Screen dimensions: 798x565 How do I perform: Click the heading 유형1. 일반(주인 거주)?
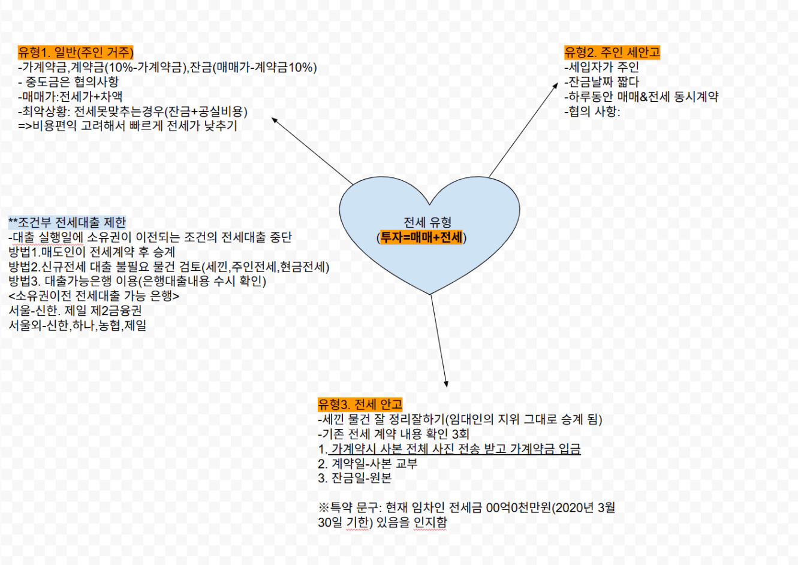click(x=76, y=52)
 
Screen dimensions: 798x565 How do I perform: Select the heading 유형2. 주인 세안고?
click(x=612, y=52)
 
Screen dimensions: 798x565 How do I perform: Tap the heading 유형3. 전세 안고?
click(x=360, y=404)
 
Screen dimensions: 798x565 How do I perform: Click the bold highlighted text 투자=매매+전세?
click(x=421, y=237)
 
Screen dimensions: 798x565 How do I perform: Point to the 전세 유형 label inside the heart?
click(x=427, y=222)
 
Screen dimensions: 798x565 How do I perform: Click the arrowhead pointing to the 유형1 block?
click(x=275, y=120)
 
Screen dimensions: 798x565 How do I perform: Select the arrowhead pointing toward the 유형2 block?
click(x=556, y=86)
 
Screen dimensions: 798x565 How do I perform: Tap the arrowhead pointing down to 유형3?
click(x=446, y=384)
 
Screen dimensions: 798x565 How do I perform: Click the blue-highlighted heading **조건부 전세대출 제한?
click(x=67, y=222)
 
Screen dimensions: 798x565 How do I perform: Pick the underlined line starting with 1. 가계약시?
click(x=449, y=449)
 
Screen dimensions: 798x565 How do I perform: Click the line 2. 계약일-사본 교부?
click(x=368, y=464)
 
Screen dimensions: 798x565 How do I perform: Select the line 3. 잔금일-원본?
click(x=355, y=478)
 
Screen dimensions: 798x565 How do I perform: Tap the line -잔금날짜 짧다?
click(x=602, y=82)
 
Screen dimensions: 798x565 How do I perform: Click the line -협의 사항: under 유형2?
click(x=592, y=111)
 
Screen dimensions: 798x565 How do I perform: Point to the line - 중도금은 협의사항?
click(x=68, y=82)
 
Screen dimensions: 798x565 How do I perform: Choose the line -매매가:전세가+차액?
click(x=70, y=96)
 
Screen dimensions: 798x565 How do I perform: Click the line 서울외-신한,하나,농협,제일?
click(x=77, y=325)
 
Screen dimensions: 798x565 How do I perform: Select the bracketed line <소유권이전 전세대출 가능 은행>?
click(x=94, y=295)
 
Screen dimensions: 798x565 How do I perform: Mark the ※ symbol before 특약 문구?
click(x=324, y=507)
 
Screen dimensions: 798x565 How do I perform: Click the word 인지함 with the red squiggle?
click(x=430, y=522)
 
